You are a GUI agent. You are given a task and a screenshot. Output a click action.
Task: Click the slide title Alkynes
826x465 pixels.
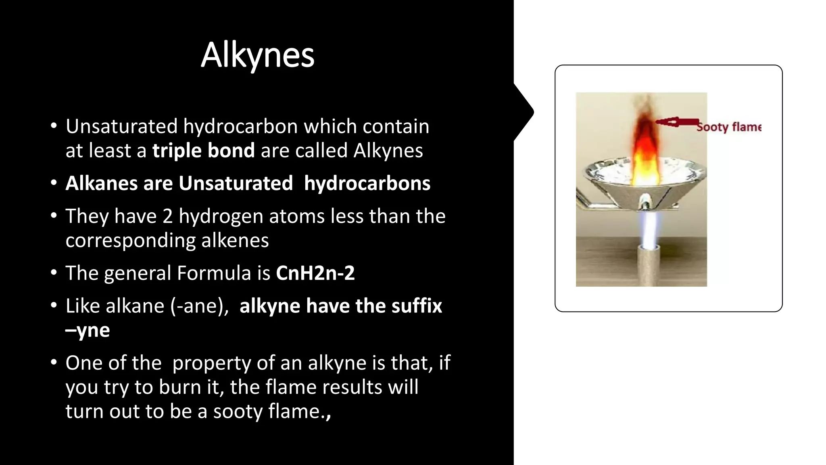click(257, 56)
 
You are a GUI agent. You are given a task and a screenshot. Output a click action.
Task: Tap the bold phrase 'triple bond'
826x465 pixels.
click(203, 151)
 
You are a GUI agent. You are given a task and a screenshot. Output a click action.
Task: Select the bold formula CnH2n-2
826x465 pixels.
click(315, 273)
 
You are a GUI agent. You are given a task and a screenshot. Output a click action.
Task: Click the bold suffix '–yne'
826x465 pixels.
click(88, 330)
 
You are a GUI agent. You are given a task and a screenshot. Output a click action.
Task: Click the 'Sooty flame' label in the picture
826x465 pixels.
click(729, 127)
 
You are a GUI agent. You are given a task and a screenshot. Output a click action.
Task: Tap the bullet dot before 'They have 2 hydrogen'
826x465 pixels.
click(54, 216)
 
